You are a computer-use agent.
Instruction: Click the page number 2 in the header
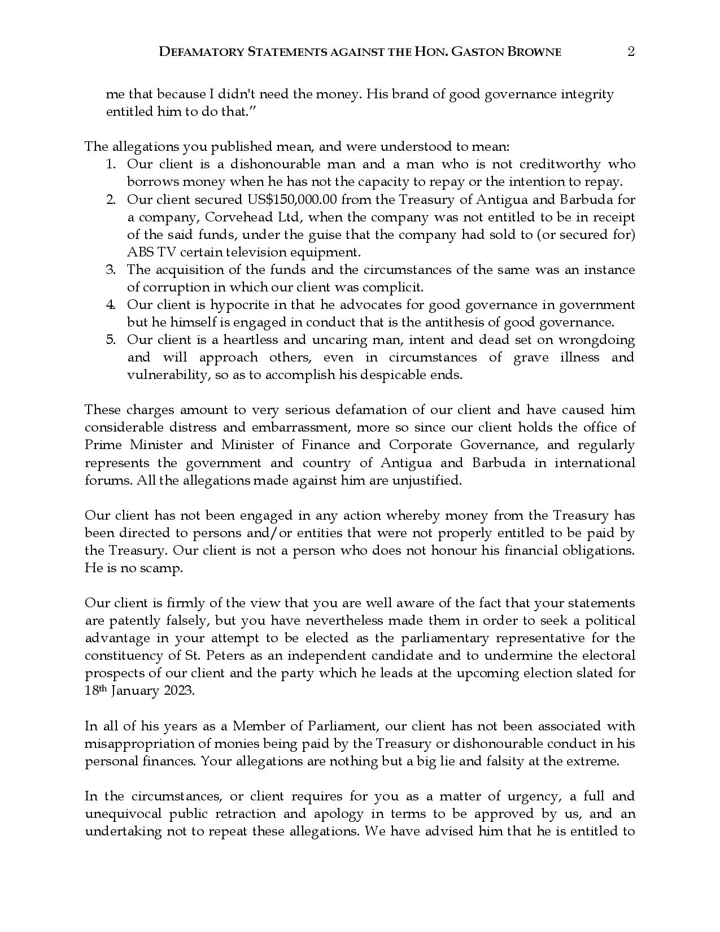pos(631,51)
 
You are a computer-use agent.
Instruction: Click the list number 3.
pos(111,269)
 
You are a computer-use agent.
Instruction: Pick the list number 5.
pos(111,339)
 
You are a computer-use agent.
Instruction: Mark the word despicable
pos(393,374)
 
